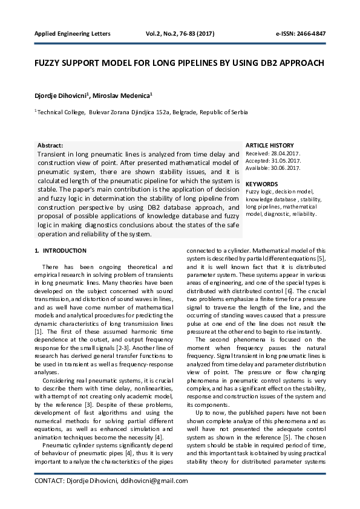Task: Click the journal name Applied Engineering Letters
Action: [x=72, y=33]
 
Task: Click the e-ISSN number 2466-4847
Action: [x=309, y=33]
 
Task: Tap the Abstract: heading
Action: [x=50, y=146]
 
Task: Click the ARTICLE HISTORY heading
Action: [x=270, y=146]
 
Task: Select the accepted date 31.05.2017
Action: [x=287, y=161]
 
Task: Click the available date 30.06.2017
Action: [x=286, y=168]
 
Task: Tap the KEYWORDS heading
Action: [x=262, y=184]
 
